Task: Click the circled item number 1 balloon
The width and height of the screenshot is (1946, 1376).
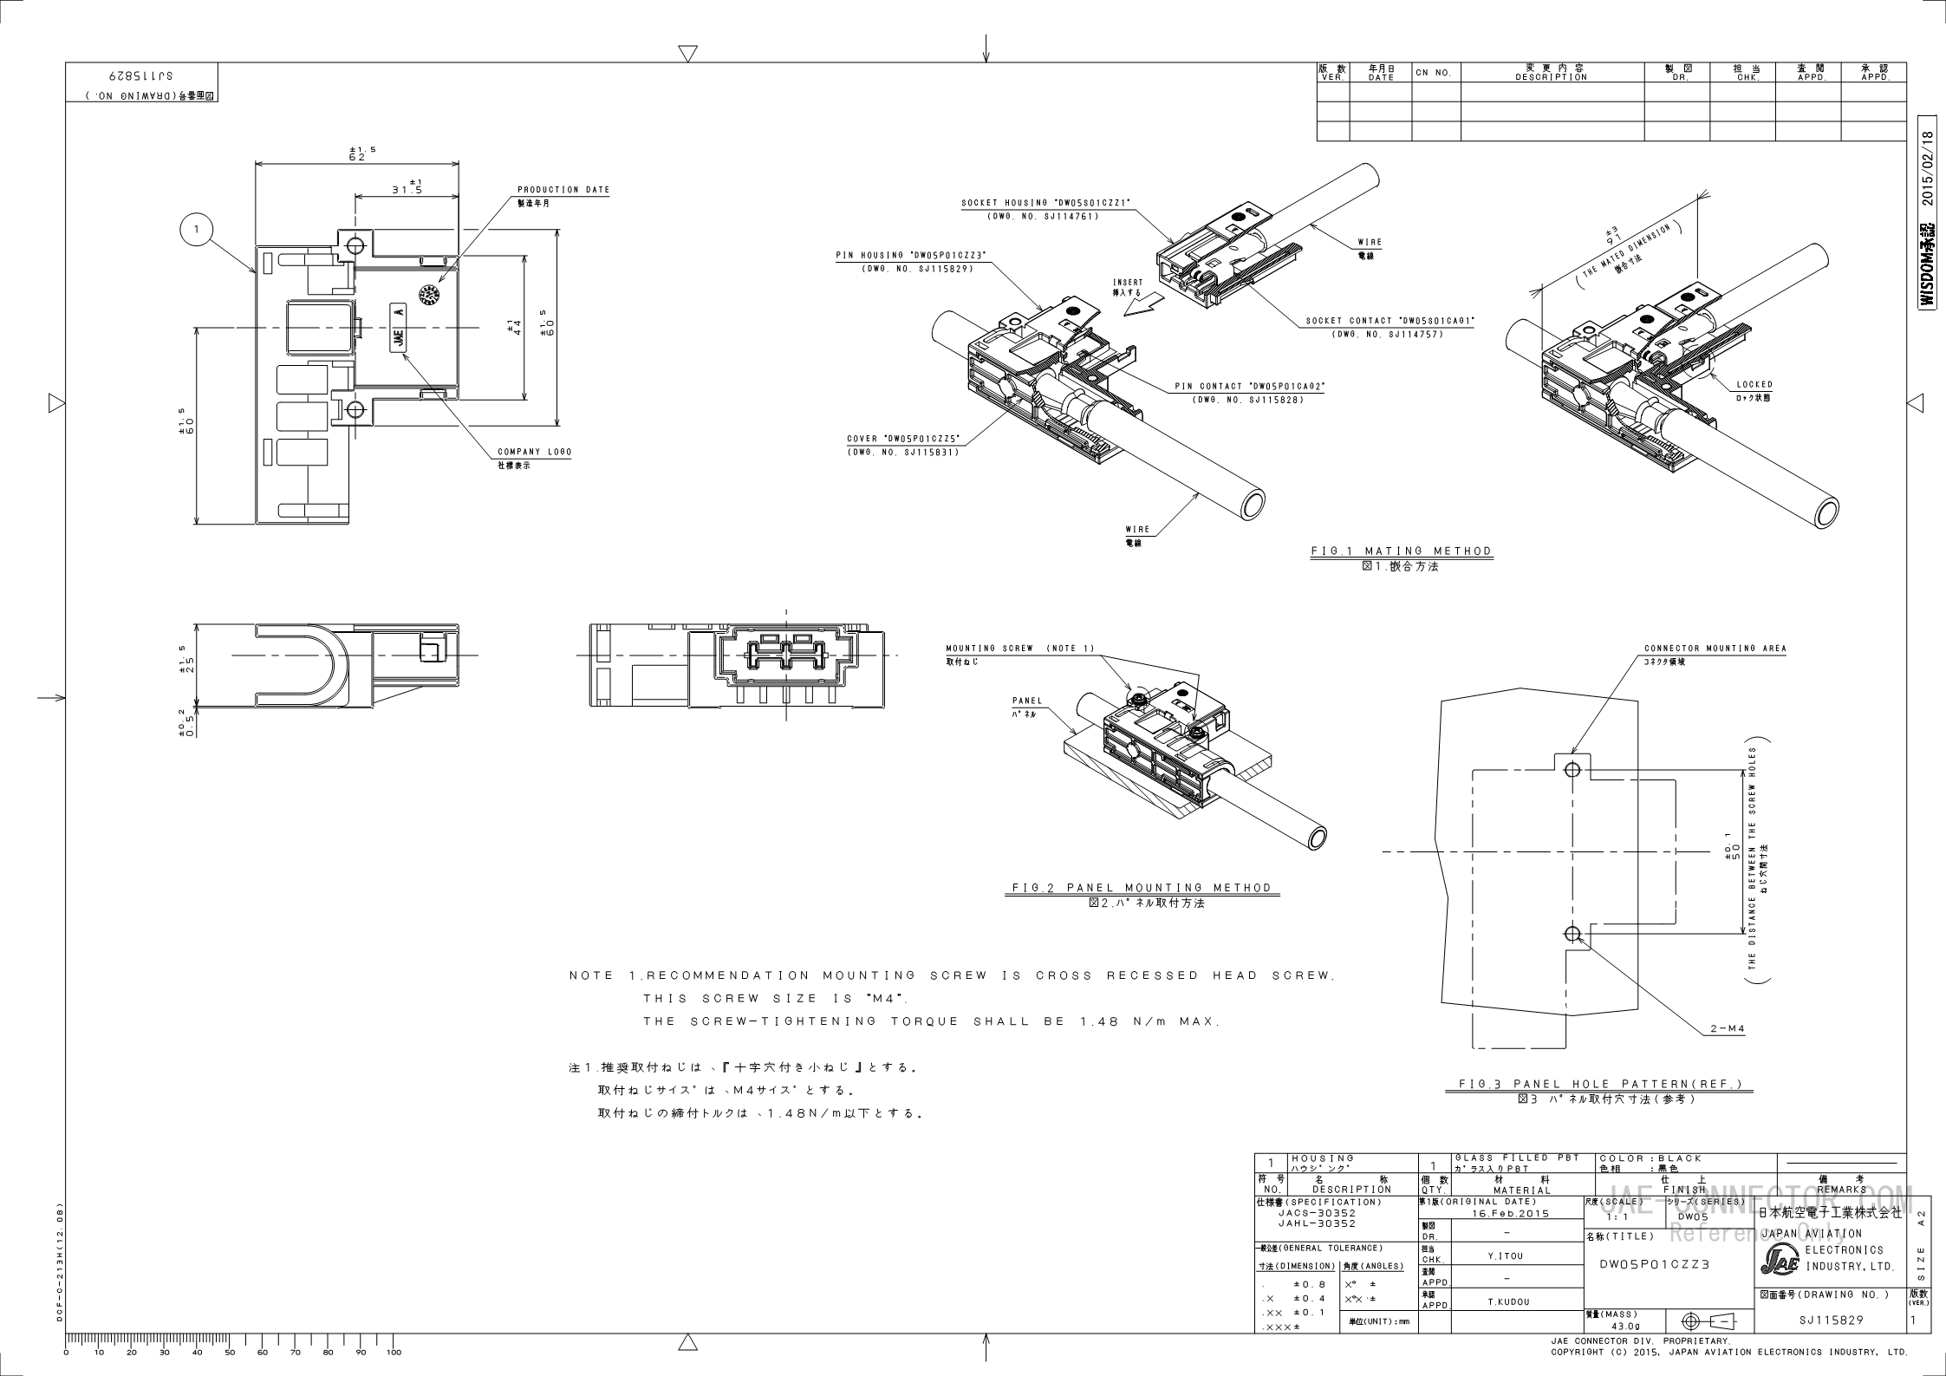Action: tap(197, 230)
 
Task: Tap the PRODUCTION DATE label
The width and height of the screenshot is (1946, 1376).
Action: tap(563, 190)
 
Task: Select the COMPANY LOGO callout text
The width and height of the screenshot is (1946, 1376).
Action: tap(534, 452)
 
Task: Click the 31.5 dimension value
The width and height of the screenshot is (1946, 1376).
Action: tap(406, 190)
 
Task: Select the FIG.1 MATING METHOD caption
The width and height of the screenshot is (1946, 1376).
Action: tap(1401, 551)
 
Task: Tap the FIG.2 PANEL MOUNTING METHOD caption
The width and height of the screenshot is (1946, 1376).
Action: tap(1142, 887)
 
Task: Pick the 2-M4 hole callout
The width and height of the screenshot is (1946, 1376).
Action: tap(1726, 1029)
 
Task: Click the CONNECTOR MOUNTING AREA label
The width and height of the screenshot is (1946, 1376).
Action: tap(1715, 649)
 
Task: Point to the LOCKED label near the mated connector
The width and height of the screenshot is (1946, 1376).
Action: tap(1754, 384)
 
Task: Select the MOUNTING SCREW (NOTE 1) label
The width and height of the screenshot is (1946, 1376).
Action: tap(1019, 649)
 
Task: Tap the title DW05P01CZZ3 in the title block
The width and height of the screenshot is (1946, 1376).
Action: tap(1654, 1264)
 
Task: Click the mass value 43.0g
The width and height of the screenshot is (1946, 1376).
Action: tap(1617, 1327)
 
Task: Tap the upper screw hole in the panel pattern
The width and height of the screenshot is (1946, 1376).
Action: tap(1572, 769)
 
